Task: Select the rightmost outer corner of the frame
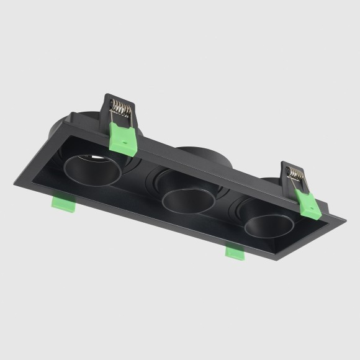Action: (x=346, y=219)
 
